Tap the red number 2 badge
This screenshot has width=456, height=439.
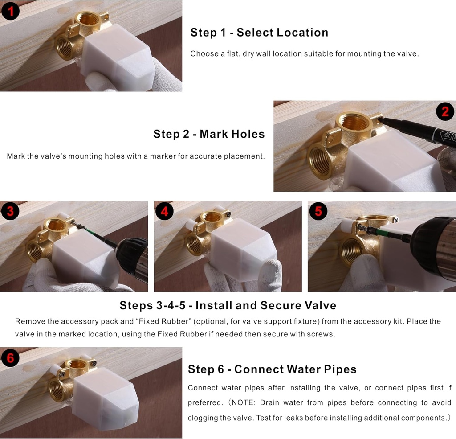click(x=445, y=111)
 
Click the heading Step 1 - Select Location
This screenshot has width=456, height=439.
click(x=259, y=33)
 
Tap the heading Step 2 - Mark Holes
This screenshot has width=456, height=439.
click(x=209, y=134)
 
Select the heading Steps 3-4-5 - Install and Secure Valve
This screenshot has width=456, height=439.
click(x=228, y=305)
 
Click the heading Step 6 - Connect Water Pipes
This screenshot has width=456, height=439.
click(x=272, y=369)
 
